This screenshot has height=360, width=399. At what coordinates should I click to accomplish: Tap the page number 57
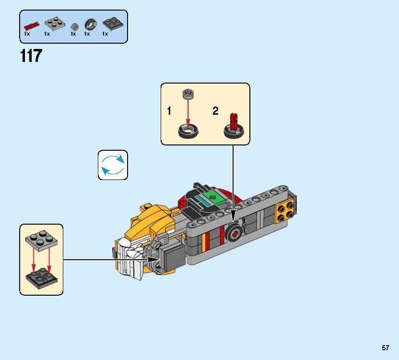pos(386,348)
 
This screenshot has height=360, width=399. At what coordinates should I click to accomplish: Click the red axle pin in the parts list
pos(31,24)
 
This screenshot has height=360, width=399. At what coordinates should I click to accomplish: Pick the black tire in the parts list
pos(90,24)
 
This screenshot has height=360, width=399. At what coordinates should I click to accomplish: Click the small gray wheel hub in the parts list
pos(74,26)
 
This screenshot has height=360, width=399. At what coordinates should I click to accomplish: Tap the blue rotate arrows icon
pos(113,165)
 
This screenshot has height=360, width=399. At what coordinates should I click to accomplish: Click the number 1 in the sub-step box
pos(169,111)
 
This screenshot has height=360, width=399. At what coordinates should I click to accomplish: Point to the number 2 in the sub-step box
pos(215,111)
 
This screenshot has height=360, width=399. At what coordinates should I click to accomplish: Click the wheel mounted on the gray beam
pos(234,232)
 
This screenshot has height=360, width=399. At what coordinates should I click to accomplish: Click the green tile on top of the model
pos(213,197)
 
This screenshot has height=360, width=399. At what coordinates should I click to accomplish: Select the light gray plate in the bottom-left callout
pos(42,241)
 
